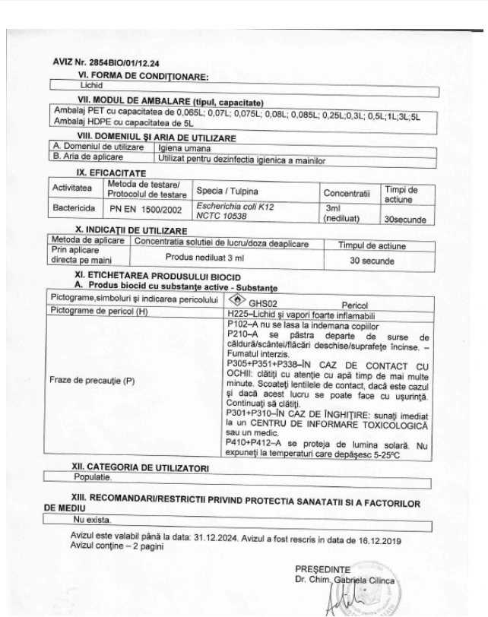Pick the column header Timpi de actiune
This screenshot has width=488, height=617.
(x=401, y=191)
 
